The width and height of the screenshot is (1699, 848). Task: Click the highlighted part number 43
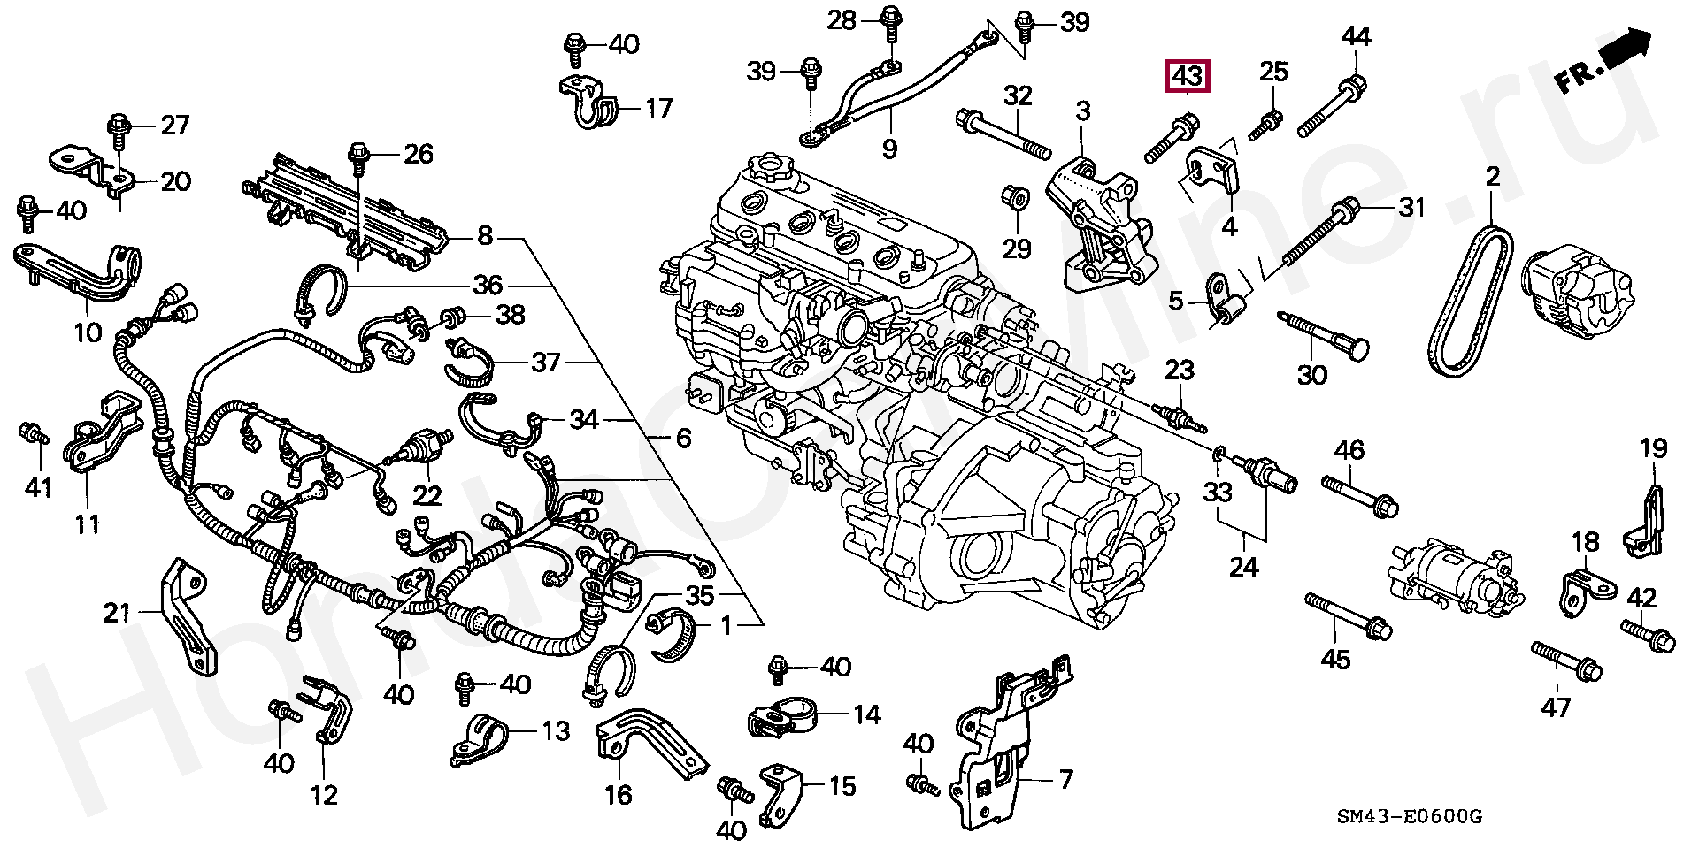1188,77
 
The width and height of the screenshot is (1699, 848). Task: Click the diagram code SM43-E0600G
1409,815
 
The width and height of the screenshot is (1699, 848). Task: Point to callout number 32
1018,95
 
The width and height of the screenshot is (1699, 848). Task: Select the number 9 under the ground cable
889,149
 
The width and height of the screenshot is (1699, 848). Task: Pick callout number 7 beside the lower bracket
1065,780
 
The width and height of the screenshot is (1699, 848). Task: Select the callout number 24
1243,566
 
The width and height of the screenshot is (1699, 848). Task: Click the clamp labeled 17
588,100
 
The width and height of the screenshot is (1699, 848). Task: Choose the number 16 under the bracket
618,795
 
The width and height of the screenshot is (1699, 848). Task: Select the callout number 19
1653,448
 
